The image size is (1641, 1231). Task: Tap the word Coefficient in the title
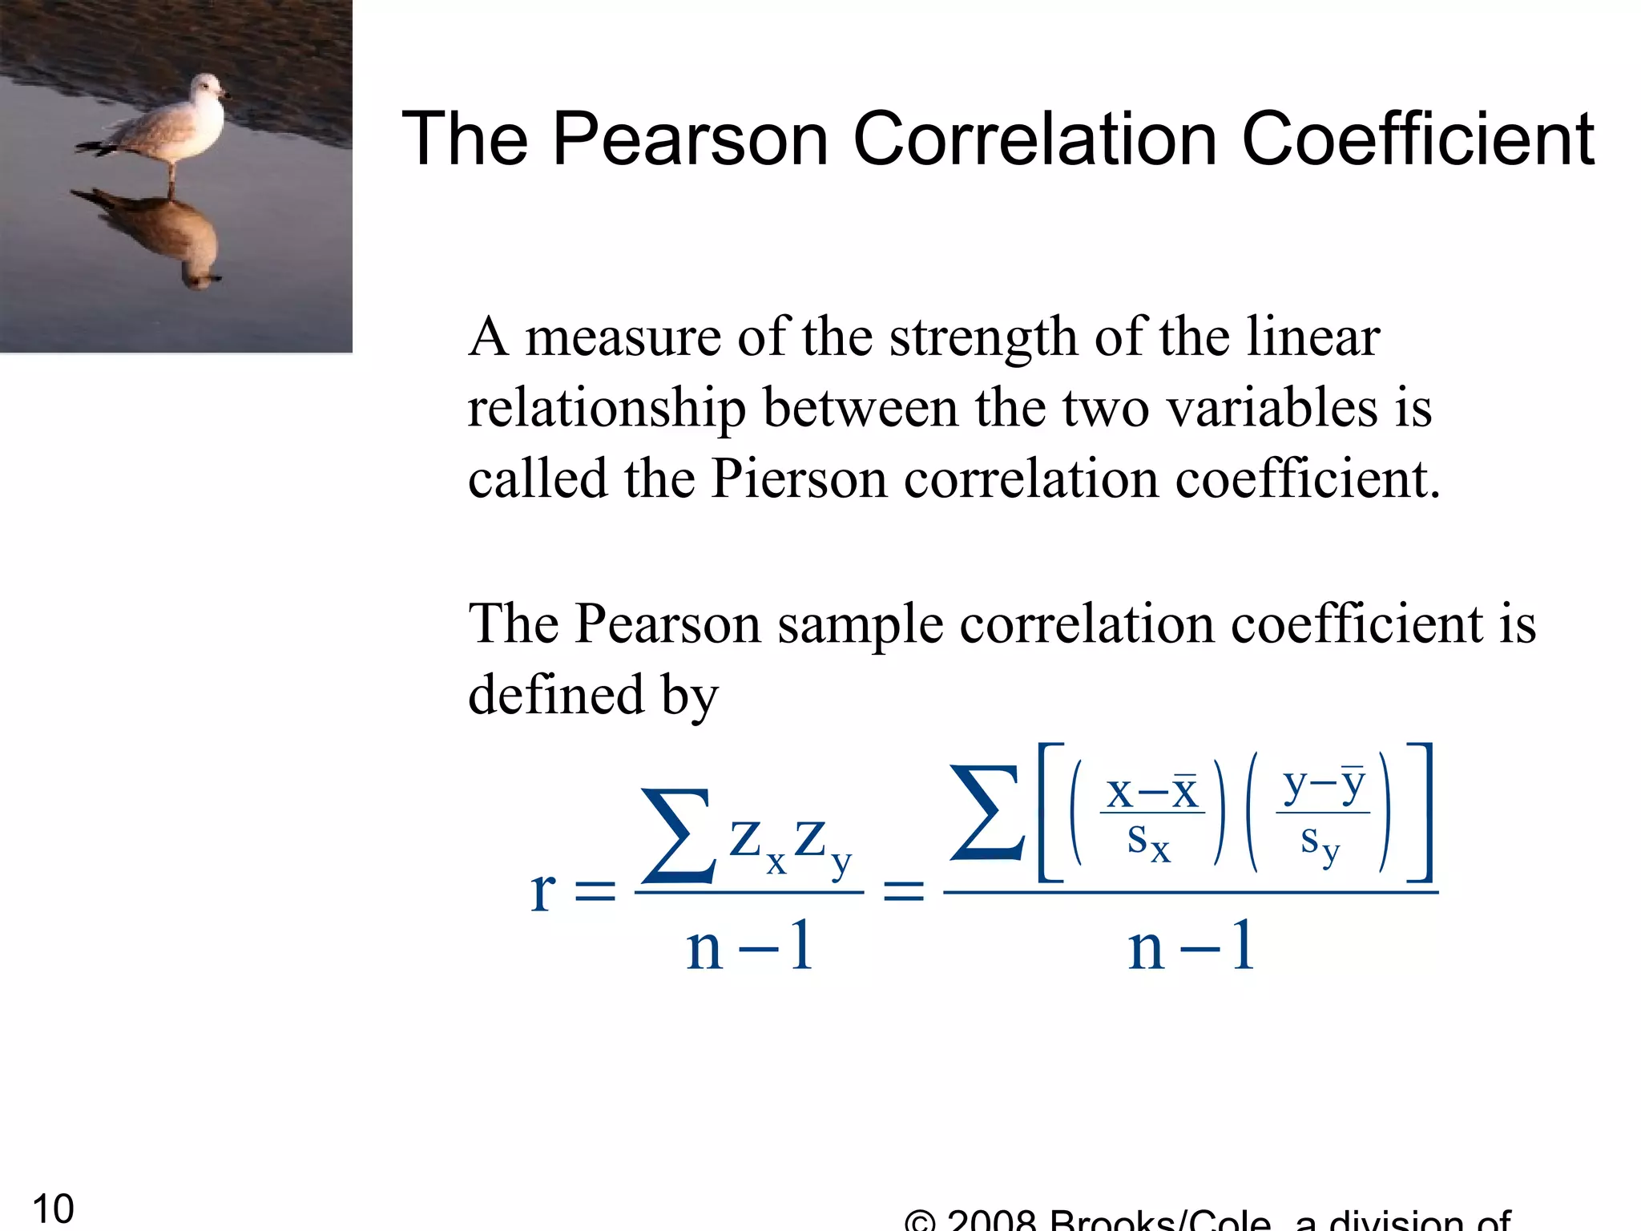[1417, 139]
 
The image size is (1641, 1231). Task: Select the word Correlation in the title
[1037, 139]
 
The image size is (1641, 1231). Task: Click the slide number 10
[53, 1209]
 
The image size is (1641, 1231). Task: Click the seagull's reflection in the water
[172, 236]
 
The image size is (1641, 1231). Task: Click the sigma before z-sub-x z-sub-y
[678, 836]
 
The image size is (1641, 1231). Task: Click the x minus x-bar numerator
[1152, 793]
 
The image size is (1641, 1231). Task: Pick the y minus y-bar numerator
[1324, 785]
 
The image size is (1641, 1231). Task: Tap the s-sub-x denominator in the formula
[1148, 842]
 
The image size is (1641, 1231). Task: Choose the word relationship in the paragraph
[607, 409]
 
